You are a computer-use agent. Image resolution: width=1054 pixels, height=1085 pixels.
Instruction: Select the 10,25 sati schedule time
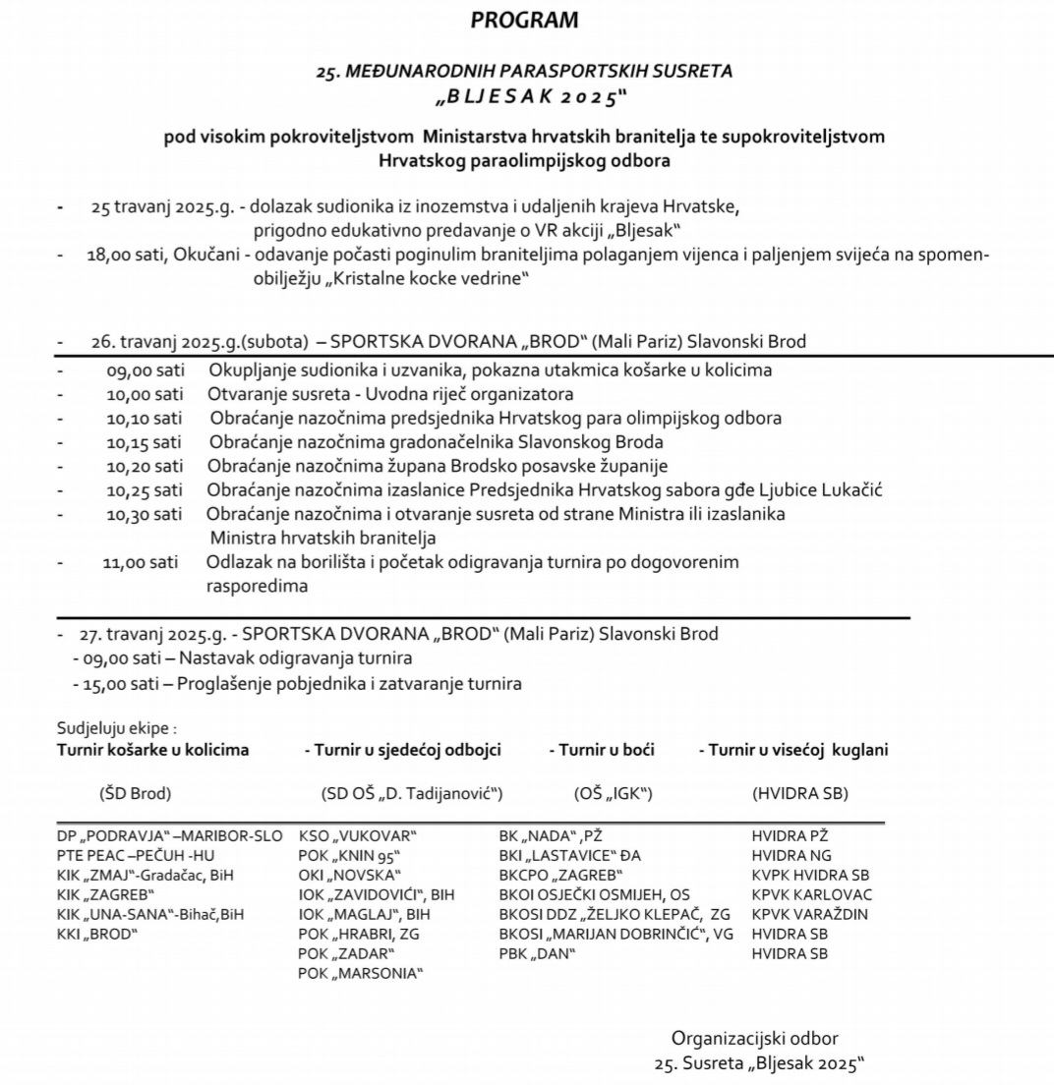coord(145,489)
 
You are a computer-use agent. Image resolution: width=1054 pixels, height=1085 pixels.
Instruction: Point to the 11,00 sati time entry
coord(141,562)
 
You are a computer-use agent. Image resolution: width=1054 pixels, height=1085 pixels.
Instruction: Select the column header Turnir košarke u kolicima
coord(153,750)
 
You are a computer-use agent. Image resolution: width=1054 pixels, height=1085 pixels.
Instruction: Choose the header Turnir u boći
coord(602,750)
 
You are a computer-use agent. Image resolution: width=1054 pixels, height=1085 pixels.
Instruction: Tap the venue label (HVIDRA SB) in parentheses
coord(799,793)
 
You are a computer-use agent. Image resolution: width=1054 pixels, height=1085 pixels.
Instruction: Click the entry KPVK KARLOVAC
coord(811,894)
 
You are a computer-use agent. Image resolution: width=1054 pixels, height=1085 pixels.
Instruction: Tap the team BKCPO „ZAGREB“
coord(561,875)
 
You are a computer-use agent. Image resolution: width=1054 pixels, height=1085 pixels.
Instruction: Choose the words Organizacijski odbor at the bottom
coord(755,1038)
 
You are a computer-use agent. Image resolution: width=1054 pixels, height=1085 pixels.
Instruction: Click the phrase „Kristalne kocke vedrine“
coord(383,279)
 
